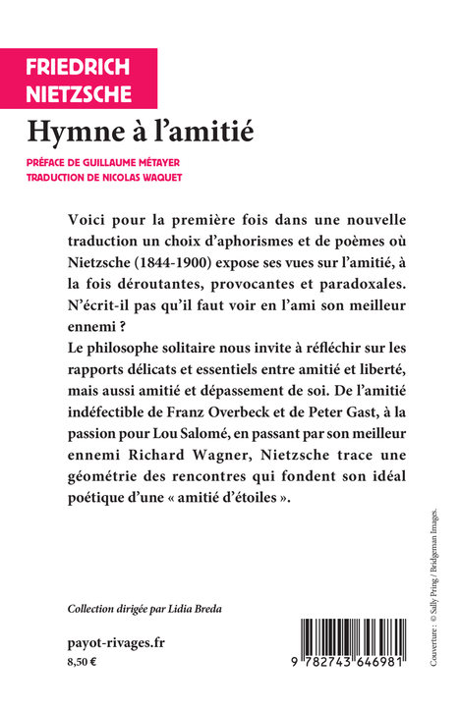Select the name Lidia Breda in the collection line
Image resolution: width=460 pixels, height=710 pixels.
tap(199, 610)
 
